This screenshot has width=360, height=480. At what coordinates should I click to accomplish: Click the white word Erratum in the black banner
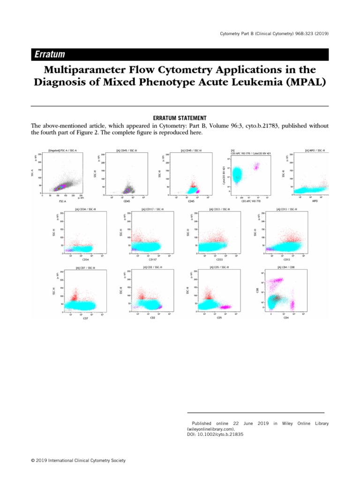pos(49,55)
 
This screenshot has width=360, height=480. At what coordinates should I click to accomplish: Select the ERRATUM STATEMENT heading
pos(180,118)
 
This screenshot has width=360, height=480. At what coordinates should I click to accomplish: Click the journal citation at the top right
pos(274,33)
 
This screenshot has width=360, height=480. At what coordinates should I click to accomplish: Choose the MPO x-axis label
pos(315,200)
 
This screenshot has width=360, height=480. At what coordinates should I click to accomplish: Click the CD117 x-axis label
pos(152,259)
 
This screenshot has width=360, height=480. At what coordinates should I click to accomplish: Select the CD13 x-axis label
pos(286,259)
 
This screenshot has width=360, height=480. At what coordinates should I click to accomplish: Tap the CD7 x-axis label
pos(85,318)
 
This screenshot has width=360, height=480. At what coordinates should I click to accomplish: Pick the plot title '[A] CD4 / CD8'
pos(285,267)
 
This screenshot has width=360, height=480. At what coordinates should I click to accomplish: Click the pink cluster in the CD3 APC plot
pos(256,166)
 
